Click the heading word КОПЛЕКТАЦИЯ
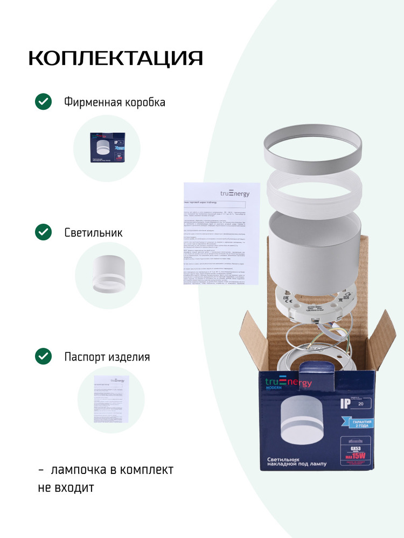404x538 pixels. tap(115, 58)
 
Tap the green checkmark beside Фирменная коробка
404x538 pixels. tap(43, 102)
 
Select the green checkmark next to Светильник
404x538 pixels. tap(43, 232)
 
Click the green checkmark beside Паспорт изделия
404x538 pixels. tap(43, 356)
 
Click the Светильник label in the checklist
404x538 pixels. tap(93, 233)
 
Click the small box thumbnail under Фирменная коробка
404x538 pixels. tap(107, 148)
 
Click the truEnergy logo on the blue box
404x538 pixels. tap(288, 382)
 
